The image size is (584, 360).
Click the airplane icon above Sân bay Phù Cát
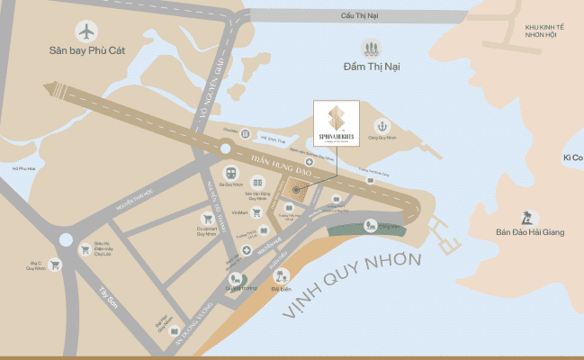[87, 31]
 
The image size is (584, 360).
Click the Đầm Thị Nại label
[370, 67]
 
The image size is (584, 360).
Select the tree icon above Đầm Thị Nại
[370, 48]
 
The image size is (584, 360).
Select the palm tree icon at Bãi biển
[282, 275]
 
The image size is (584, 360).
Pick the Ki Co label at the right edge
[572, 157]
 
